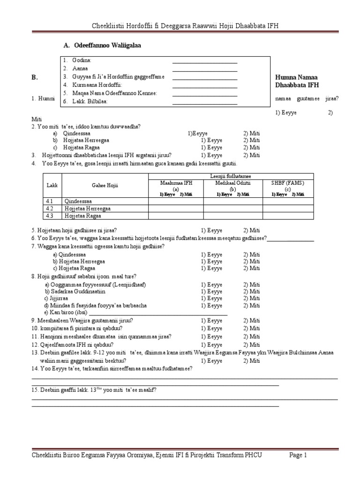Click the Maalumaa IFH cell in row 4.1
(x=176, y=201)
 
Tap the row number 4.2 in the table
(x=51, y=209)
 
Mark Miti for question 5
(x=251, y=231)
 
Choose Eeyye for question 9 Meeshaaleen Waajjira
(x=211, y=321)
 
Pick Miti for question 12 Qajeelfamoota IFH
(x=251, y=345)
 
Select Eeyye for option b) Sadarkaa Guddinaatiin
(x=211, y=291)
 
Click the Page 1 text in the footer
(x=298, y=455)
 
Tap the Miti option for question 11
(x=251, y=337)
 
